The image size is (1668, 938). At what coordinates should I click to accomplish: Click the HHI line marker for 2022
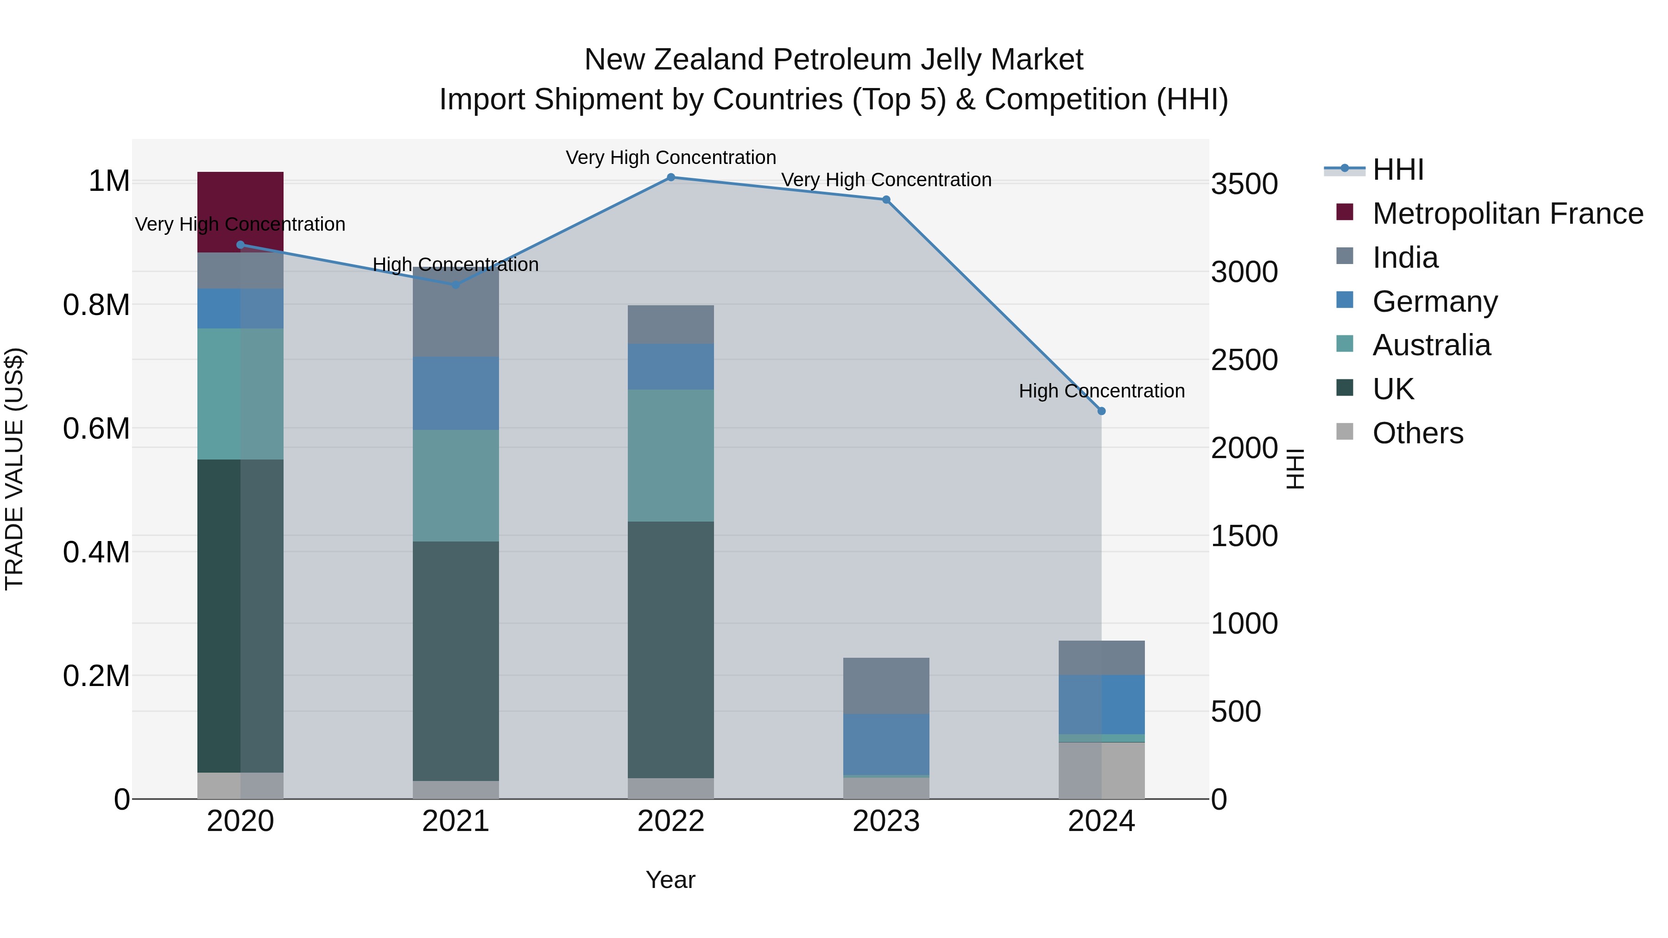[671, 177]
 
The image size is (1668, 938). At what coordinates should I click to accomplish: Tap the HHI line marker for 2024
[1101, 411]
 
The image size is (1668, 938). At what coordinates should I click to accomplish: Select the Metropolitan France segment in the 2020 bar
[240, 212]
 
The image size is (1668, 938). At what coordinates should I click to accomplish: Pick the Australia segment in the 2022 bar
[671, 455]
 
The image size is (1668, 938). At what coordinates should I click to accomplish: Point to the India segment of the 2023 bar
[886, 686]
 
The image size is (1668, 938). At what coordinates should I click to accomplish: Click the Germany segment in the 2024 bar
[1101, 704]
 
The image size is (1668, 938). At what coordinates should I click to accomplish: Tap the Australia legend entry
[1431, 345]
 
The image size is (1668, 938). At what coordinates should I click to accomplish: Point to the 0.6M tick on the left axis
[96, 428]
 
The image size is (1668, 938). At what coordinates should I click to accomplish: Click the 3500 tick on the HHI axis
[1244, 184]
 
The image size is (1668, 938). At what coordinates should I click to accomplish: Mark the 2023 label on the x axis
[886, 821]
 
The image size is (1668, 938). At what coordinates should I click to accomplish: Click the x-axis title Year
[670, 880]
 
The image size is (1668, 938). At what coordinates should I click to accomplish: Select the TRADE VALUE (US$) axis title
[14, 469]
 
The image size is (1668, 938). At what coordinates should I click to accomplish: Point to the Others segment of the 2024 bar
[1101, 770]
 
